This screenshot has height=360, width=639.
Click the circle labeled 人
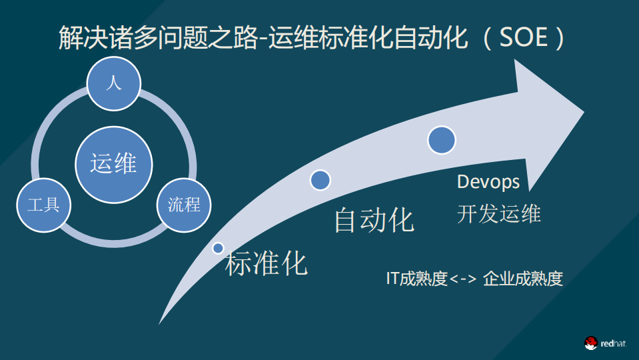[x=114, y=84]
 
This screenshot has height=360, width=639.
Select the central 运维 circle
[x=114, y=163]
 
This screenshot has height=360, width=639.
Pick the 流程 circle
[x=184, y=205]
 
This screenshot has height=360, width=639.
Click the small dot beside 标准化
[x=218, y=248]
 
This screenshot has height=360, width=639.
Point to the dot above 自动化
[x=320, y=179]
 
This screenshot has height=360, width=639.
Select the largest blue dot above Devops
[x=441, y=140]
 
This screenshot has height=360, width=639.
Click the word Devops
[x=488, y=181]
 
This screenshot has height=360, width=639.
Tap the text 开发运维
[x=498, y=213]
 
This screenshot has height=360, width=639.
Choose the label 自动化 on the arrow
[x=374, y=221]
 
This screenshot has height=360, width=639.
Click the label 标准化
[x=267, y=263]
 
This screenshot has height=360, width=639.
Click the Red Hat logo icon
[x=590, y=343]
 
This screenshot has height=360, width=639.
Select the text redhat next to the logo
[x=613, y=343]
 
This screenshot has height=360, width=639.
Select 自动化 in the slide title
[x=431, y=38]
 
